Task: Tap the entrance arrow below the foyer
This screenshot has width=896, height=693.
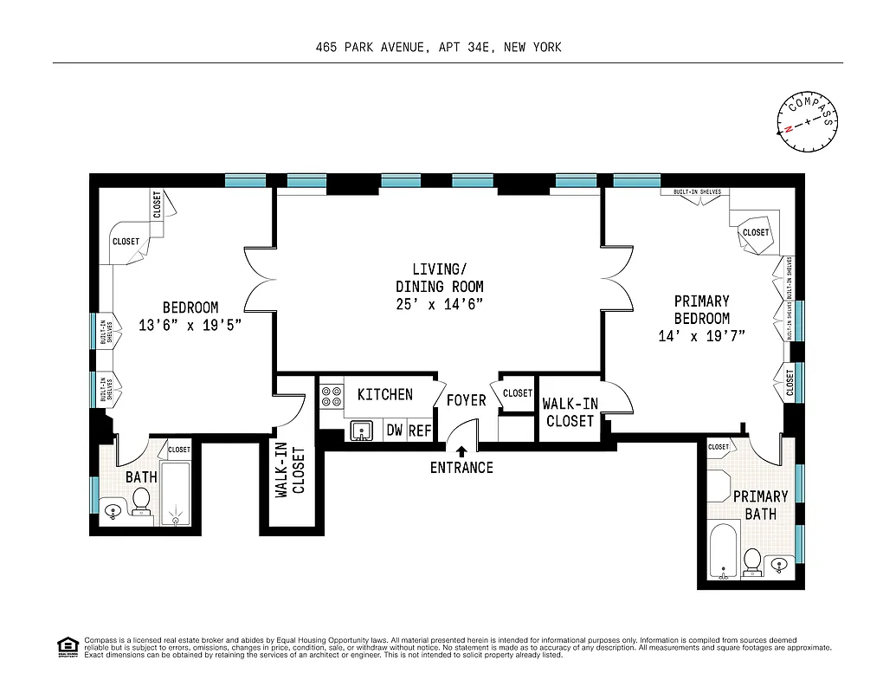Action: (x=461, y=450)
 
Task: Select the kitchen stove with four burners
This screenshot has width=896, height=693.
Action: (x=332, y=396)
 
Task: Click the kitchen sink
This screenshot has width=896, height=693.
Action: (x=363, y=430)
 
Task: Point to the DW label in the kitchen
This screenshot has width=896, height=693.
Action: (x=394, y=430)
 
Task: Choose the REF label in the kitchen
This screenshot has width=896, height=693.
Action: (x=420, y=430)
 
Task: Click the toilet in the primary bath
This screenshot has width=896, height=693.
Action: (x=753, y=561)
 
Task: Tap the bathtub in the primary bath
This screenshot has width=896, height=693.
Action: (x=721, y=551)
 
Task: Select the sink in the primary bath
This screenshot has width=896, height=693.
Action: (x=779, y=565)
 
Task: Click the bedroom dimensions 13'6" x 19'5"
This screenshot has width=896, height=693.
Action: (x=190, y=325)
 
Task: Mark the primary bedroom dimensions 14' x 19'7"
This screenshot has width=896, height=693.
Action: (x=701, y=335)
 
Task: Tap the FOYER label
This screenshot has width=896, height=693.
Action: (x=466, y=400)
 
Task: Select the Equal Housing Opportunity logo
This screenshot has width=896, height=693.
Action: (x=66, y=645)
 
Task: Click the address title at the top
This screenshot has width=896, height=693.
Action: (x=438, y=47)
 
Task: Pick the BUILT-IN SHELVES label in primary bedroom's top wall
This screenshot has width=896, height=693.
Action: (x=691, y=192)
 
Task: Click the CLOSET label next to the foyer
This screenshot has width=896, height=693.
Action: (x=518, y=393)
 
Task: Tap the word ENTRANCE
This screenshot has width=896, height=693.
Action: (x=461, y=468)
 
